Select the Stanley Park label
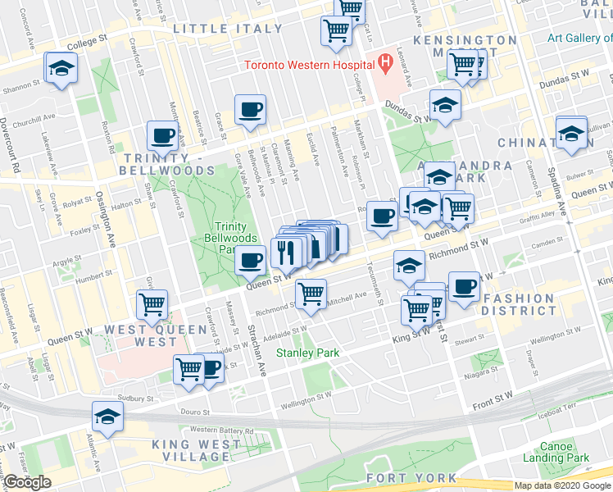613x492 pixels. click(x=306, y=353)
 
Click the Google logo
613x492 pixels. click(x=27, y=482)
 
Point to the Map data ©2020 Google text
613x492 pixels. click(x=561, y=485)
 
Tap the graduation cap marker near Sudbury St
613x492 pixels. click(x=107, y=417)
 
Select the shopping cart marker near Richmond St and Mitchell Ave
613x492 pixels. click(x=311, y=294)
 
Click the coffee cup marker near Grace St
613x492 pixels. click(x=250, y=109)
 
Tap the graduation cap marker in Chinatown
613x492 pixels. click(x=571, y=134)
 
